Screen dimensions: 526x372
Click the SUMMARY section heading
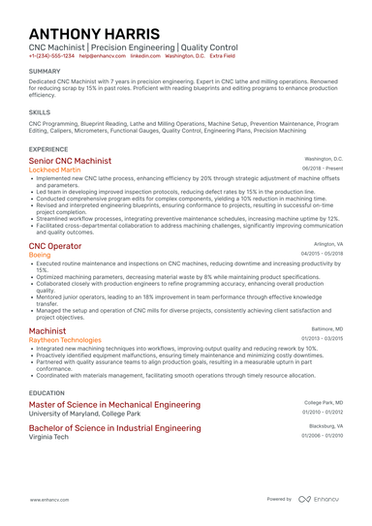coord(45,72)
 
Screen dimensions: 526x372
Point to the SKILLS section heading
coord(40,112)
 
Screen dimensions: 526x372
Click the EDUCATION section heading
coord(47,392)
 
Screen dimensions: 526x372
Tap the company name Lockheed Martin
coord(63,170)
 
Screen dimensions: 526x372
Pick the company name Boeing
coord(43,256)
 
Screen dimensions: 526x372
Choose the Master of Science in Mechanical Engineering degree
coord(114,404)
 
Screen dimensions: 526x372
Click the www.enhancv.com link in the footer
coord(48,499)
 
